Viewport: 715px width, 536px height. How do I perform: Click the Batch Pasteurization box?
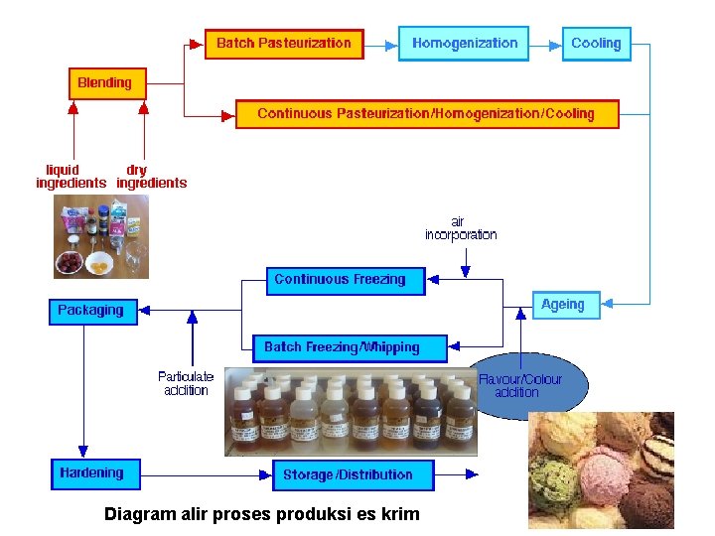pos(284,44)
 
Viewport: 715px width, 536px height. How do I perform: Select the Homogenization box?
pos(464,44)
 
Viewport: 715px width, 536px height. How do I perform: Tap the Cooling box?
pos(596,44)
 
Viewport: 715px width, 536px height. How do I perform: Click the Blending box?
pos(104,82)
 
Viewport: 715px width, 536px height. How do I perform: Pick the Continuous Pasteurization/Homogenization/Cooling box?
pos(426,113)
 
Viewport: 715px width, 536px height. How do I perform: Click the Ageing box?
pos(563,305)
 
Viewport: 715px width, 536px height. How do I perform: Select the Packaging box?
pos(91,311)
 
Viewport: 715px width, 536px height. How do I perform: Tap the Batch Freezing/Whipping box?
pos(342,347)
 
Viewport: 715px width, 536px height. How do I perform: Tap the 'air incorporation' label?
pos(461,228)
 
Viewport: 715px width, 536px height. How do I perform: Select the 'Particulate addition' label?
pos(186,383)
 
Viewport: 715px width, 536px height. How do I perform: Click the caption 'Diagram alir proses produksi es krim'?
pos(262,514)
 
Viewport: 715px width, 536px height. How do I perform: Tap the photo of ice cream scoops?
pos(600,472)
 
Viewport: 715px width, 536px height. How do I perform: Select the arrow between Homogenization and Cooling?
pos(543,44)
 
